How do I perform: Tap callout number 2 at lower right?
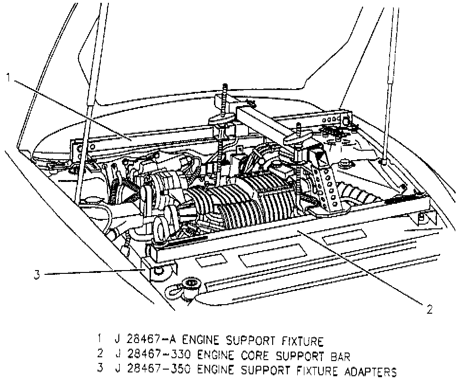429,310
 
